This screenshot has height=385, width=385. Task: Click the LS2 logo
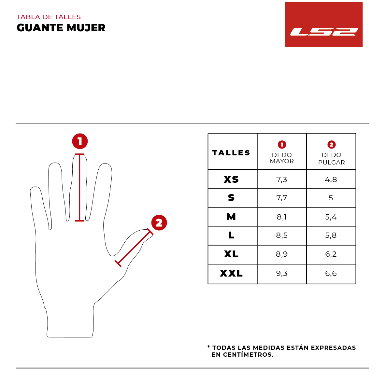pos(324,25)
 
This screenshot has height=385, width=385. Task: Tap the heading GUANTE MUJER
pos(61,28)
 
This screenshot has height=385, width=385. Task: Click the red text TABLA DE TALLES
pos(49,17)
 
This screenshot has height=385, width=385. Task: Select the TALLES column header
pos(231,153)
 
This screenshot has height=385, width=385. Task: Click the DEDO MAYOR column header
pos(282,158)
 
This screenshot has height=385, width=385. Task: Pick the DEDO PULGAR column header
pos(331,158)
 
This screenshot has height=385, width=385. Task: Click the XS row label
pos(231,179)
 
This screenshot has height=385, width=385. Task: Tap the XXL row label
pos(231,273)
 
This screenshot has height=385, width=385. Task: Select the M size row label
pos(231,217)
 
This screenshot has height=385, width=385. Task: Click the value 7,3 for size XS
pos(282,179)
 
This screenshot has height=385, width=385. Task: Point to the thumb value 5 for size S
pos(331,198)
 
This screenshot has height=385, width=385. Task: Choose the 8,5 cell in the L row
pos(282,235)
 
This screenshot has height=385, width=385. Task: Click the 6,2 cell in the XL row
pos(331,254)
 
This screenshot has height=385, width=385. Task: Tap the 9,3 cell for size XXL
pos(282,274)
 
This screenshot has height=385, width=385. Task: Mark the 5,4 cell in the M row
pos(331,217)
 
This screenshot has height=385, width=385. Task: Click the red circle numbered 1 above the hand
pos(80,141)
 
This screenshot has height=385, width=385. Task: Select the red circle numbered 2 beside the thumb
pos(159,223)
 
